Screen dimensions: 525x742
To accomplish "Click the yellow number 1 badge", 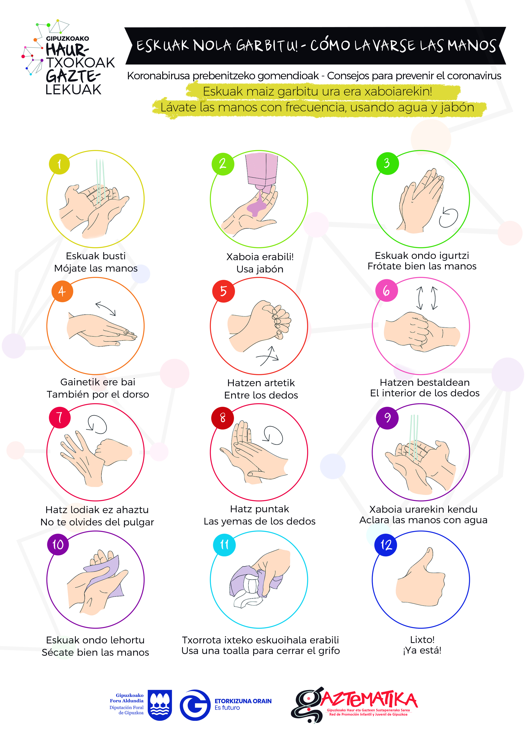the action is pos(59,164).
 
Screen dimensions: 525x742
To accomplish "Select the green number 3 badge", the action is pos(387,164).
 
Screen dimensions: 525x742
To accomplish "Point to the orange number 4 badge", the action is pos(62,291).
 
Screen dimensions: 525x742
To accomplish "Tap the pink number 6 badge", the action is pos(387,291).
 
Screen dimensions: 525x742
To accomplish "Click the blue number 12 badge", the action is pos(385,545).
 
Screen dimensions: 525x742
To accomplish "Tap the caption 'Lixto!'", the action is pos(422,640).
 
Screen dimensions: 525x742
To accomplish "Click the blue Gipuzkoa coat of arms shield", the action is pos(160,705).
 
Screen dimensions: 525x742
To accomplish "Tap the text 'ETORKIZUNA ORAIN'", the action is pos(243,701).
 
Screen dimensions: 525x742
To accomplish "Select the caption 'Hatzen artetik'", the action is pos(261,383).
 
